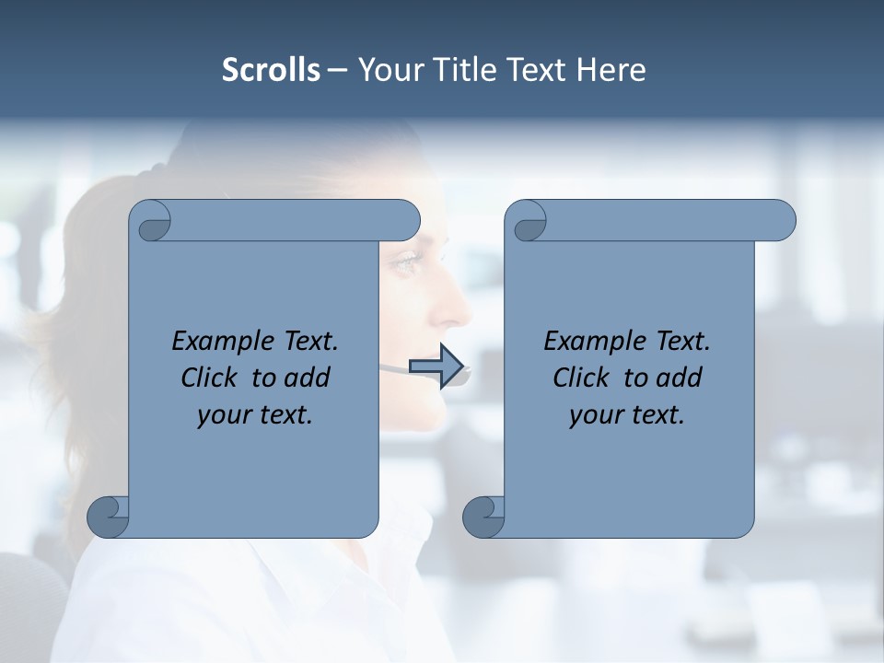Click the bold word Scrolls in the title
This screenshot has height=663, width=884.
pyautogui.click(x=272, y=70)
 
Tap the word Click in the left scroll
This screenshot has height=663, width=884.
pyautogui.click(x=209, y=378)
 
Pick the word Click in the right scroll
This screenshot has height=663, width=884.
pyautogui.click(x=581, y=378)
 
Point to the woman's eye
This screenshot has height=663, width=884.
pyautogui.click(x=405, y=264)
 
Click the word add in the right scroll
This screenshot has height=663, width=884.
pyautogui.click(x=680, y=378)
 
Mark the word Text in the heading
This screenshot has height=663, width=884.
pyautogui.click(x=535, y=70)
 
